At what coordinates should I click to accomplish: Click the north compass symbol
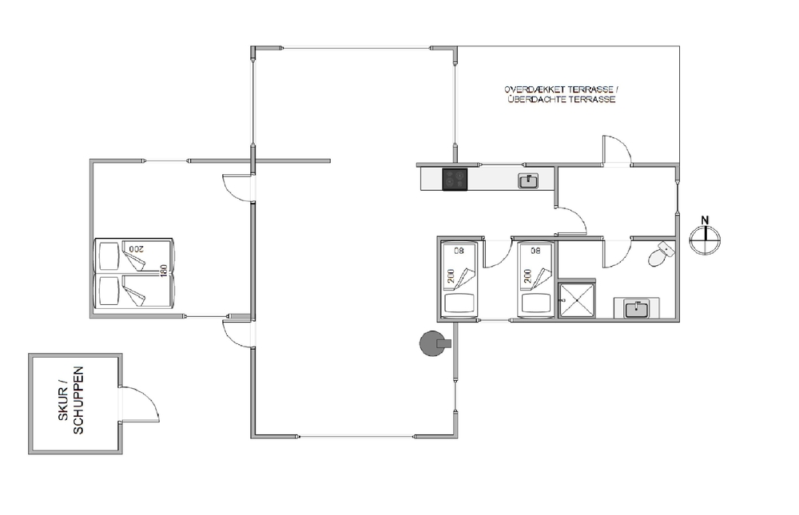coord(705,240)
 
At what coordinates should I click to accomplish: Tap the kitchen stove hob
coord(455,180)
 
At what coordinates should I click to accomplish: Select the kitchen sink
coord(528,180)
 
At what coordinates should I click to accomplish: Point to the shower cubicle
coord(577,300)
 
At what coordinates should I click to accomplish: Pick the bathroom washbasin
coord(637,309)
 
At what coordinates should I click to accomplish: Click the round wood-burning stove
coord(434,343)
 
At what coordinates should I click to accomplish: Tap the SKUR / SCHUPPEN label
coord(71,401)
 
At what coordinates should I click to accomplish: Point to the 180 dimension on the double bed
coord(164,271)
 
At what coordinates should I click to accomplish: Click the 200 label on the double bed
coord(137,249)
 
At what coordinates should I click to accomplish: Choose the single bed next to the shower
coord(535,279)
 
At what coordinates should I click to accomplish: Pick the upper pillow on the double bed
coord(109,256)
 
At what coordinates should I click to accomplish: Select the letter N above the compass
coord(705,220)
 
